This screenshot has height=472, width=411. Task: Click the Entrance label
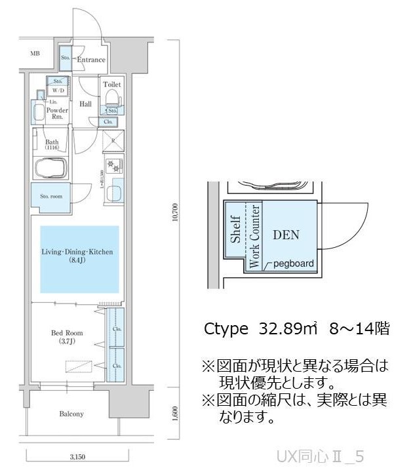click(x=91, y=60)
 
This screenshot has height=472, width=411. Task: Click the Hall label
click(x=85, y=104)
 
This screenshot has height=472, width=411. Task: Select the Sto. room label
click(x=51, y=196)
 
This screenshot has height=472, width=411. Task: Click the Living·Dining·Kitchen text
click(x=78, y=252)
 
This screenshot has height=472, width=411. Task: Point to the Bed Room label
click(x=66, y=333)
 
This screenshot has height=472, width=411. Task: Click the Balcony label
click(x=71, y=414)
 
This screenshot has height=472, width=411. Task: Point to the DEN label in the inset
click(x=286, y=234)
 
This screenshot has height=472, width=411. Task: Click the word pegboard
click(x=293, y=264)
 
